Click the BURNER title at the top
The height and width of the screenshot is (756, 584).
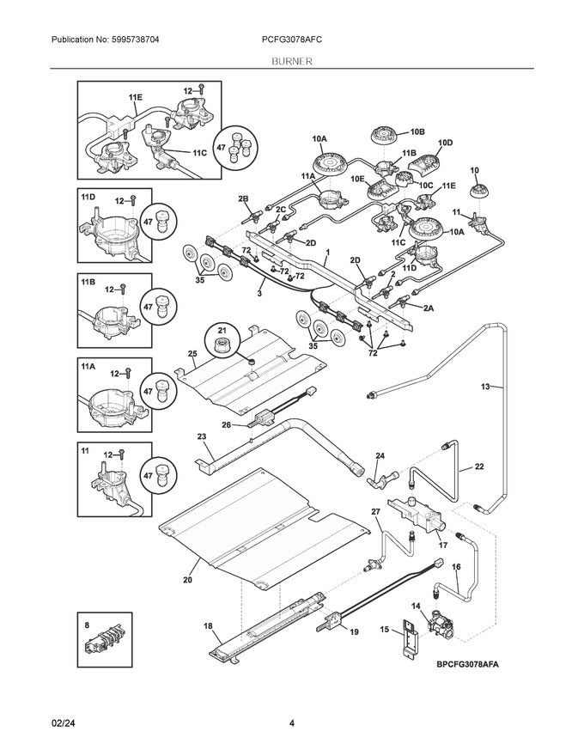pyautogui.click(x=291, y=62)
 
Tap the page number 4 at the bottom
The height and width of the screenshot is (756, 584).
pyautogui.click(x=292, y=723)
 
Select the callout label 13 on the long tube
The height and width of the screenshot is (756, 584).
pyautogui.click(x=485, y=387)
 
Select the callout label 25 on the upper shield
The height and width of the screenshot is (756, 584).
pyautogui.click(x=193, y=354)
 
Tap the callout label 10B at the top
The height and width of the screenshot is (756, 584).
pyautogui.click(x=417, y=131)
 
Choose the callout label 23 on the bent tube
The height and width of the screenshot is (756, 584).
pyautogui.click(x=202, y=436)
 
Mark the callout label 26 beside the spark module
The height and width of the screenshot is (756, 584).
pyautogui.click(x=227, y=424)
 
